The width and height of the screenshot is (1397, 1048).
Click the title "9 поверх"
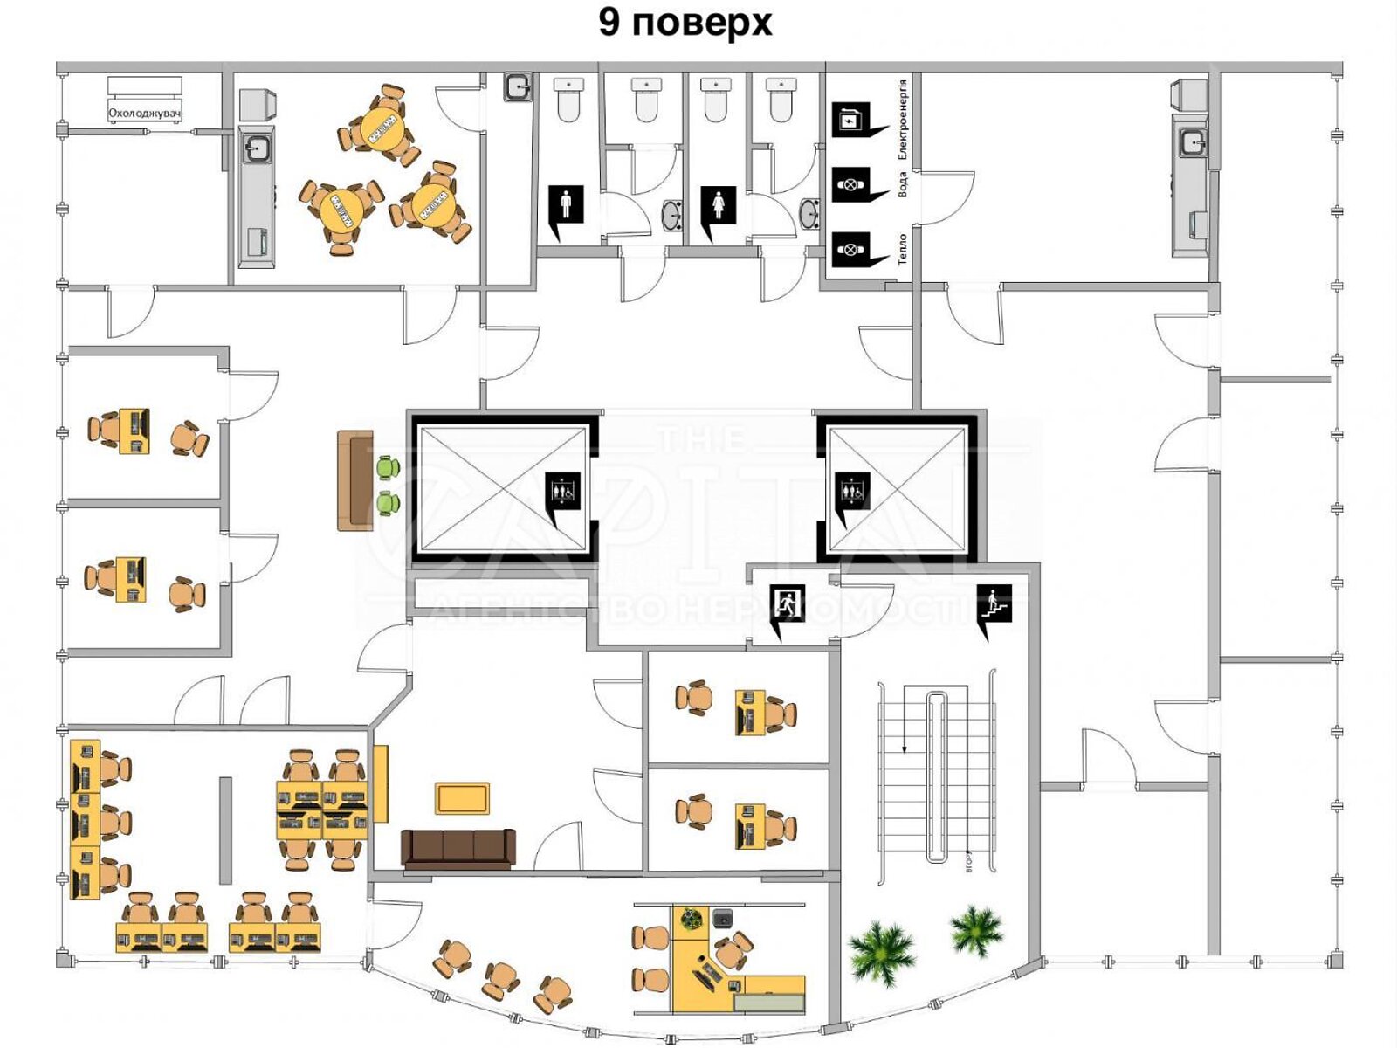tap(685, 23)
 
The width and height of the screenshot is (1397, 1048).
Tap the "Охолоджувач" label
tap(144, 113)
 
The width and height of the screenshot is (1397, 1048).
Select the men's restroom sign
tap(566, 206)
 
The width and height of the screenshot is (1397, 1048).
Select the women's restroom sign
tap(718, 206)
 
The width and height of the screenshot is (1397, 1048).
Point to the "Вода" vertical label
tap(903, 183)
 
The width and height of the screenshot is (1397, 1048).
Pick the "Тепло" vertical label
tap(903, 248)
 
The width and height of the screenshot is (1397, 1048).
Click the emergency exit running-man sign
tap(788, 603)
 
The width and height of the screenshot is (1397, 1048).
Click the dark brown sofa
tap(458, 848)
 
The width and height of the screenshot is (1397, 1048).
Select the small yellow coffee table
tap(462, 798)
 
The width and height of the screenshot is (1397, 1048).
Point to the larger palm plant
tap(882, 952)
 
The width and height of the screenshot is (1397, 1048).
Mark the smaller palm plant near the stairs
tap(976, 930)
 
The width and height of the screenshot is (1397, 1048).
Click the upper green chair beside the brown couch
tap(388, 468)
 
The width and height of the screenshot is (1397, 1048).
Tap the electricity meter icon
tap(849, 119)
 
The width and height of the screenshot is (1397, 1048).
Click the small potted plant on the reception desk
tap(692, 919)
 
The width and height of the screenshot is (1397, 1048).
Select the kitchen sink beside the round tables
tap(256, 148)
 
